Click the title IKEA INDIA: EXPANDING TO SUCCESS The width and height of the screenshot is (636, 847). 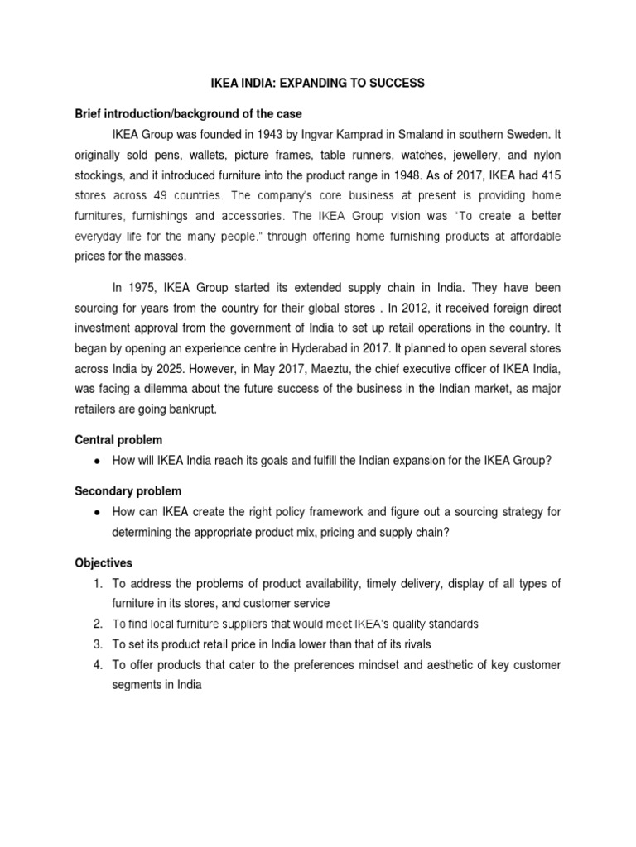317,84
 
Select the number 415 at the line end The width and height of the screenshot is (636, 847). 550,175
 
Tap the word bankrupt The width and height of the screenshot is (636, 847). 200,409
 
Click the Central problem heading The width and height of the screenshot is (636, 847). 118,439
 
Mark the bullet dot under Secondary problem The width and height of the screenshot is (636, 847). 99,513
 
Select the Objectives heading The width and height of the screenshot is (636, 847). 104,562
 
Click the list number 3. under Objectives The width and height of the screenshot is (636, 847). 97,644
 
